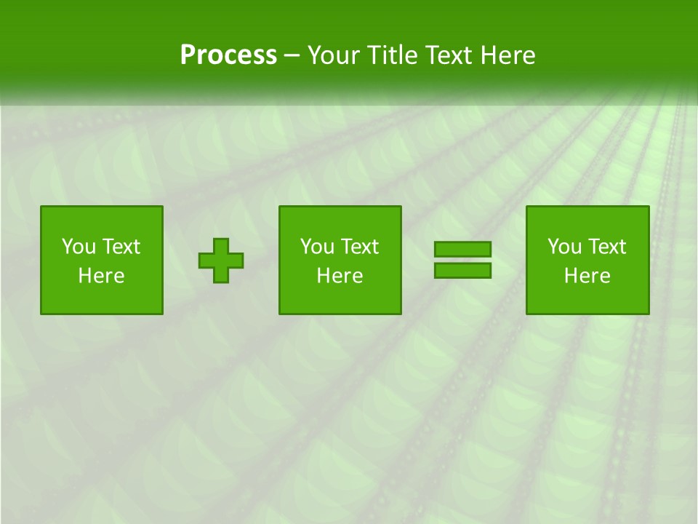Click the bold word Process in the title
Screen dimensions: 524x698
[x=228, y=55]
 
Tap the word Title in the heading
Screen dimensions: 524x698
[x=390, y=55]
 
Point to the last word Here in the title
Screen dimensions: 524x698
[x=508, y=55]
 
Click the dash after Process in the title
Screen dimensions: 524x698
[x=292, y=55]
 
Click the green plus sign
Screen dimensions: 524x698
[x=221, y=261]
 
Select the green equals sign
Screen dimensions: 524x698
[x=462, y=260]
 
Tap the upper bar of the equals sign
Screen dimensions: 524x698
[x=462, y=250]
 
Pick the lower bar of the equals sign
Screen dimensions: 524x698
[x=462, y=270]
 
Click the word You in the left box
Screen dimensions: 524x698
[x=77, y=247]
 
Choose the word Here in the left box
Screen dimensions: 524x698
[x=101, y=276]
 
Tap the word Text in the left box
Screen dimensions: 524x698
[x=121, y=247]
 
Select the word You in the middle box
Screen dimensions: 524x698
[x=316, y=247]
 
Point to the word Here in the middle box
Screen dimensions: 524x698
[x=340, y=276]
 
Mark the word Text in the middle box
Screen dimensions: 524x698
[x=359, y=247]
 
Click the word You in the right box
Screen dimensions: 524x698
[x=563, y=247]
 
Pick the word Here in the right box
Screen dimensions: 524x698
[x=587, y=276]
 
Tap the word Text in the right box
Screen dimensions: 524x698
[x=606, y=247]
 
